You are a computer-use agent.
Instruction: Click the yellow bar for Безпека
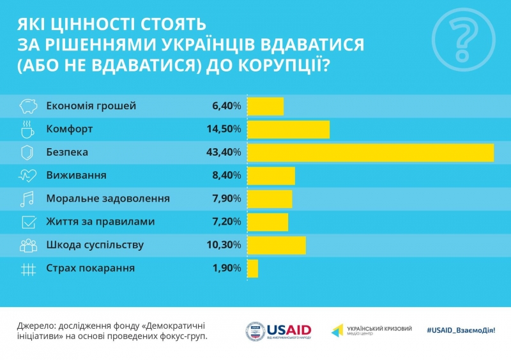370,153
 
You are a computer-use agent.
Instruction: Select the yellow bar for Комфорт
288,130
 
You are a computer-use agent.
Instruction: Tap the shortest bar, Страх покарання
252,269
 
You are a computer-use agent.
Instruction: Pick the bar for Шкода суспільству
276,245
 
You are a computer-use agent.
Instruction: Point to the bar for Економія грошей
265,106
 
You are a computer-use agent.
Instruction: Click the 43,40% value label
226,153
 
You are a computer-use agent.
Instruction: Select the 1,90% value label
227,269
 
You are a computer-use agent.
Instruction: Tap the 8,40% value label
227,176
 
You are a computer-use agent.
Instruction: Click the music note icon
27,199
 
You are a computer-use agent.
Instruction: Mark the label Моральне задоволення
108,199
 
